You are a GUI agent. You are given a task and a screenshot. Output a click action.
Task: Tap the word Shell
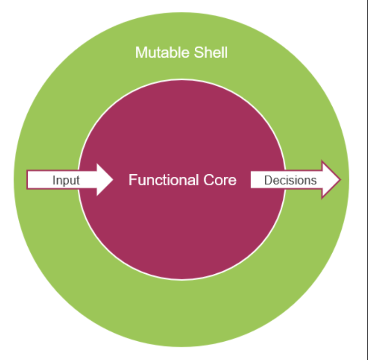(211, 53)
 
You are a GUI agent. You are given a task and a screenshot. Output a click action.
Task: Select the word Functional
(163, 180)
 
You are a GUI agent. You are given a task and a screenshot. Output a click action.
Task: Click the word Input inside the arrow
(66, 180)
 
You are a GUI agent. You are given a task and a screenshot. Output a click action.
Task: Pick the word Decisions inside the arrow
(290, 180)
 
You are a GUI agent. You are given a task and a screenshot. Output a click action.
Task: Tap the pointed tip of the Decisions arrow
(340, 180)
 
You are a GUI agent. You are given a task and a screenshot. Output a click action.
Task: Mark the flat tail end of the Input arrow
(28, 180)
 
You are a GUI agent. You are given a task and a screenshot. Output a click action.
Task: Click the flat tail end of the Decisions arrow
(251, 180)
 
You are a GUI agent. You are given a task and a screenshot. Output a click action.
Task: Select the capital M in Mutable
(140, 53)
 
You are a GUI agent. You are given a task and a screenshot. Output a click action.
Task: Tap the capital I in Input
(54, 180)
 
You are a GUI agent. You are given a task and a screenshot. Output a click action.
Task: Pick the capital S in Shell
(198, 53)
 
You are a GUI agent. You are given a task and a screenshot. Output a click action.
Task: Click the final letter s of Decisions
(314, 181)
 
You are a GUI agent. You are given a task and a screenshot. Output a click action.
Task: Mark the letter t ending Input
(78, 180)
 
